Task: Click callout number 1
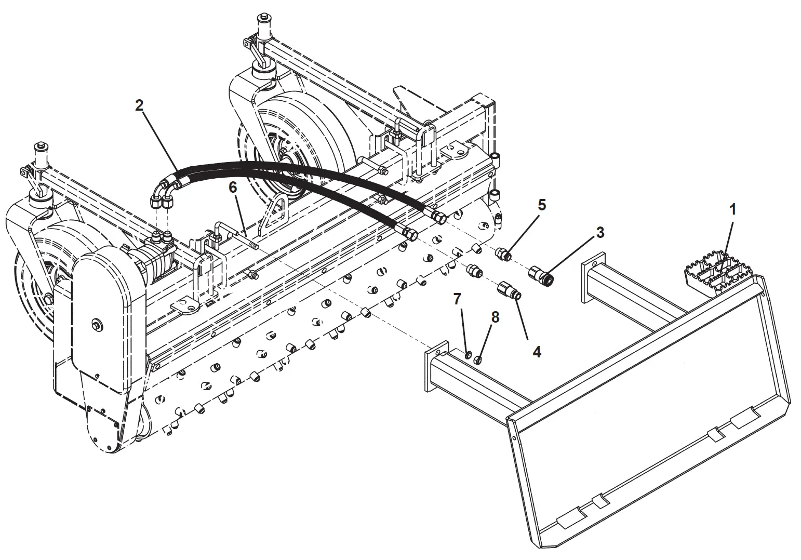coord(732,209)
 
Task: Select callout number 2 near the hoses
coord(139,105)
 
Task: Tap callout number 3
coord(600,232)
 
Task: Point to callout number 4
coord(537,352)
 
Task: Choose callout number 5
coord(542,205)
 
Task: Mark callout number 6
coord(233,187)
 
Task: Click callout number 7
coord(457,299)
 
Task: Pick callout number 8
coord(495,317)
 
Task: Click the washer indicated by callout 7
coord(468,355)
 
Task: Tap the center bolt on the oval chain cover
coord(97,325)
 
